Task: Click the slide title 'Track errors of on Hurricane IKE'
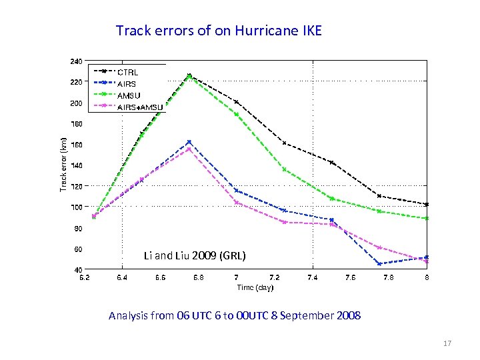click(x=219, y=31)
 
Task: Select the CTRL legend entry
click(x=132, y=71)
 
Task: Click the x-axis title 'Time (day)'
click(x=255, y=287)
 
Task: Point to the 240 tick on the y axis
click(x=76, y=61)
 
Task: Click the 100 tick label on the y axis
click(x=76, y=207)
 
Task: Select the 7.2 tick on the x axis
click(x=274, y=277)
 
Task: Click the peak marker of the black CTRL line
click(x=189, y=75)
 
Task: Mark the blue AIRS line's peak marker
click(x=189, y=142)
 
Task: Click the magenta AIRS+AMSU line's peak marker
click(x=189, y=149)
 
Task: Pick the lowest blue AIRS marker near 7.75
click(x=379, y=264)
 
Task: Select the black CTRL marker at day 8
click(x=427, y=204)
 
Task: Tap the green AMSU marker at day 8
click(x=427, y=218)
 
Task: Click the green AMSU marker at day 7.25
click(x=285, y=169)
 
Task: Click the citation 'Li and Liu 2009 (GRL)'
click(x=195, y=255)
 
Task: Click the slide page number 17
click(x=447, y=343)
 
